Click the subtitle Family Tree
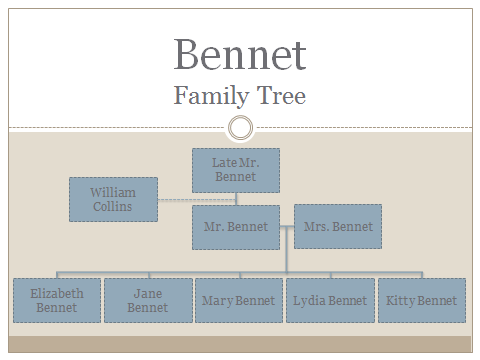[x=240, y=96]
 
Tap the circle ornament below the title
[x=240, y=128]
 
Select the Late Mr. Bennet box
[x=236, y=170]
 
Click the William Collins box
[x=113, y=199]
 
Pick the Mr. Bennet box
[x=236, y=227]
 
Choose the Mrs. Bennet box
[x=338, y=226]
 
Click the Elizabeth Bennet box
[x=57, y=301]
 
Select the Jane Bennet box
[x=148, y=301]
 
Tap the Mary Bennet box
[x=239, y=301]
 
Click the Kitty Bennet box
[x=421, y=301]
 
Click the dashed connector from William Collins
[x=196, y=200]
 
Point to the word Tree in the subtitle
[x=283, y=96]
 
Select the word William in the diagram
[x=113, y=192]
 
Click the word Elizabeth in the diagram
[x=57, y=294]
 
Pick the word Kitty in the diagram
[x=401, y=301]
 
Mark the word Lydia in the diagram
[x=308, y=301]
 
